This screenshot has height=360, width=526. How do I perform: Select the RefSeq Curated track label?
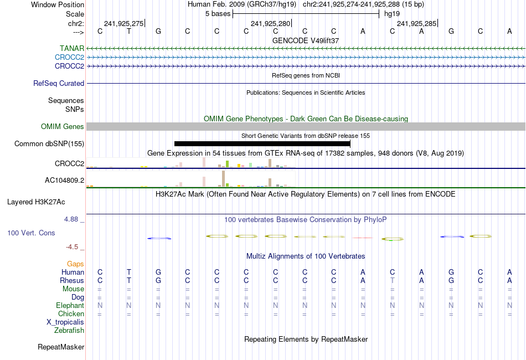[x=59, y=84]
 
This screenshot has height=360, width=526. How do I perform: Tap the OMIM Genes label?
[x=63, y=127]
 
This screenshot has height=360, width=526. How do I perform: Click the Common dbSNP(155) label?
[x=49, y=144]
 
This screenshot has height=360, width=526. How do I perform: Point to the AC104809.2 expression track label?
[x=64, y=181]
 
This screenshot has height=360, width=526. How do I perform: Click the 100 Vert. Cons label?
[x=31, y=233]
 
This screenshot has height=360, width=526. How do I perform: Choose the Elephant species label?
[x=70, y=306]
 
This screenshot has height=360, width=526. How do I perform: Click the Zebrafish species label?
[x=69, y=331]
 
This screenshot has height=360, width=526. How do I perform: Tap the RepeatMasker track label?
[x=61, y=347]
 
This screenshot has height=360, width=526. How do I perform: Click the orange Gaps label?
[x=75, y=264]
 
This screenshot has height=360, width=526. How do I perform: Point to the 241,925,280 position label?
[x=270, y=23]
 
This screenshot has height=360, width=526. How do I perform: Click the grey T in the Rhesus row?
[x=392, y=281]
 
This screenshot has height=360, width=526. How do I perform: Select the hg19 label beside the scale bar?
[x=392, y=13]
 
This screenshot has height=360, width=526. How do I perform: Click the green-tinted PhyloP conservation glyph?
[x=392, y=239]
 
